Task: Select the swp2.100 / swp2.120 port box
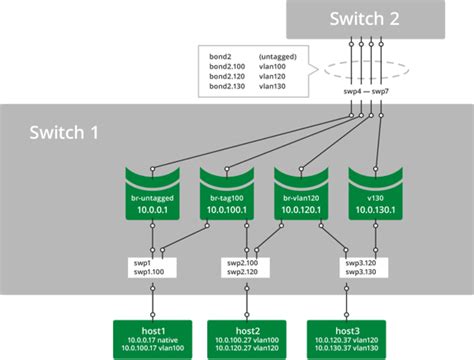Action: point(243,268)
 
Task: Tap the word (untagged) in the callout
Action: point(274,54)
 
